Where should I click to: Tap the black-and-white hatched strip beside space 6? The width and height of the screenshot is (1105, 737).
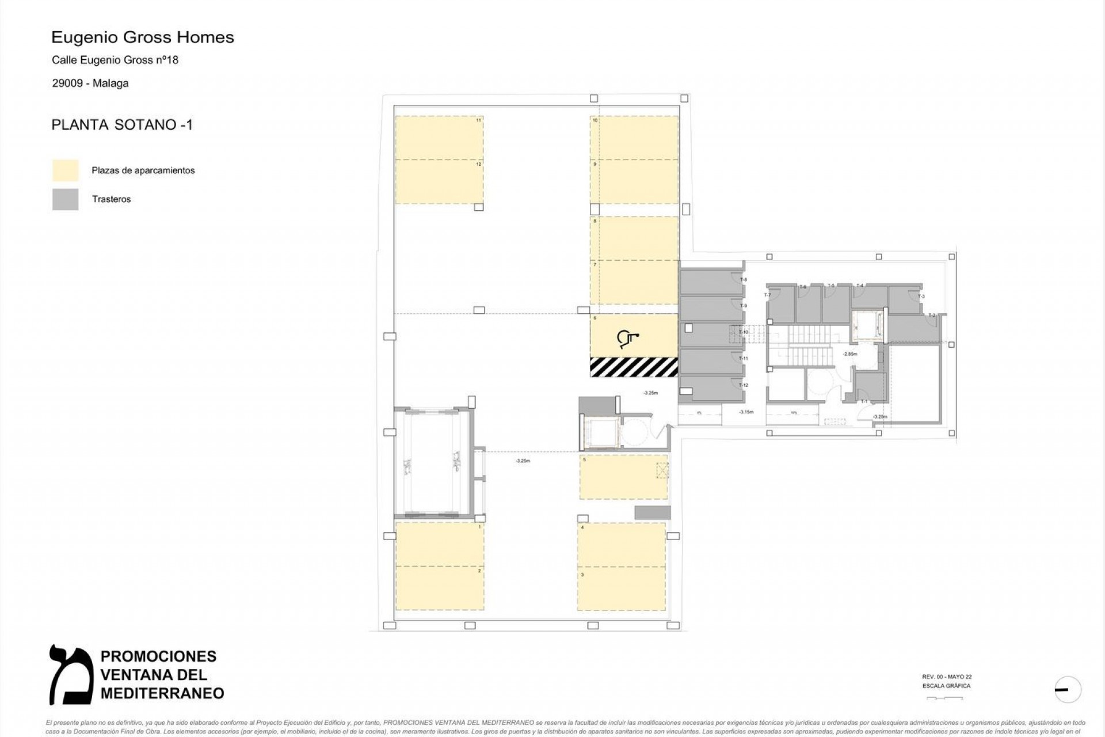(634, 367)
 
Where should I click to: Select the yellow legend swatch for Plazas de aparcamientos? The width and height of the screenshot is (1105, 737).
(65, 170)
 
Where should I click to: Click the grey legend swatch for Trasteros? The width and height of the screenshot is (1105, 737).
(65, 199)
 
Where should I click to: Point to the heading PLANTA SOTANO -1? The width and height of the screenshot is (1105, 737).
(122, 125)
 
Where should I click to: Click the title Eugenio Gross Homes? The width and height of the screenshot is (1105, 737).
(143, 37)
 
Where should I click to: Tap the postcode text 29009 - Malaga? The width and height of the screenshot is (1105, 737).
(90, 83)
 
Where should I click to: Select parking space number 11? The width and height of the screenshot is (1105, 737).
(439, 138)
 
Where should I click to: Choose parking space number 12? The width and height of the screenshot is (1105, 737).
(439, 182)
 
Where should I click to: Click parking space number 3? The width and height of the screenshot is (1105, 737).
(622, 589)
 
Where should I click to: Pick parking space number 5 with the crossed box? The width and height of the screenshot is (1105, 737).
(623, 477)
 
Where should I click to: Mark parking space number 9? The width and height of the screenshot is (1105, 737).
(634, 181)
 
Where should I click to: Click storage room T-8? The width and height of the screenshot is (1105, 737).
(711, 283)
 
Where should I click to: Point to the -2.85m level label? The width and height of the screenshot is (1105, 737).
(850, 354)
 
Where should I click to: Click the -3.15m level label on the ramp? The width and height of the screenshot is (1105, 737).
(746, 412)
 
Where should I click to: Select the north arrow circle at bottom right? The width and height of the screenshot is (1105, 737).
(1068, 689)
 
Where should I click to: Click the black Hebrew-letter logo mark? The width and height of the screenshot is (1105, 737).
(71, 674)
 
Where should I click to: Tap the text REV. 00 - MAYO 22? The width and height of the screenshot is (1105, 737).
(947, 677)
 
